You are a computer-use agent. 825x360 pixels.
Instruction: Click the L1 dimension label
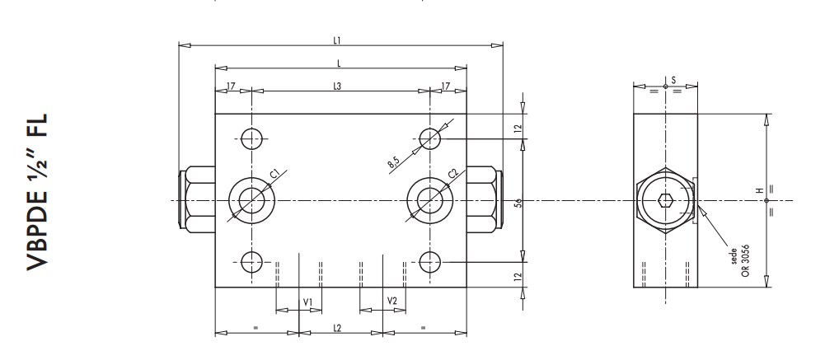point(337,39)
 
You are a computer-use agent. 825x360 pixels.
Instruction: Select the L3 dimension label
point(337,86)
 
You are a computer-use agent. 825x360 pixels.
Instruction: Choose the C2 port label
point(452,173)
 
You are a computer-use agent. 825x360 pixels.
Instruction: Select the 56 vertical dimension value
point(517,200)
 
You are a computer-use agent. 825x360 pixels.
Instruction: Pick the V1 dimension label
point(307,302)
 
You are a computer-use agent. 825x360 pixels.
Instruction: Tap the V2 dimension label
point(392,302)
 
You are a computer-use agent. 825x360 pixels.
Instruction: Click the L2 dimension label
point(337,327)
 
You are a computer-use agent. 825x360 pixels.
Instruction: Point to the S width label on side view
point(673,80)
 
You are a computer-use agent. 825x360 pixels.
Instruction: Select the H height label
point(759,191)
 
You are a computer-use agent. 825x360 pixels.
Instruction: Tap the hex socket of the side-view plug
point(666,200)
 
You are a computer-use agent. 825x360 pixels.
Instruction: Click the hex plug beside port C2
point(483,200)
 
